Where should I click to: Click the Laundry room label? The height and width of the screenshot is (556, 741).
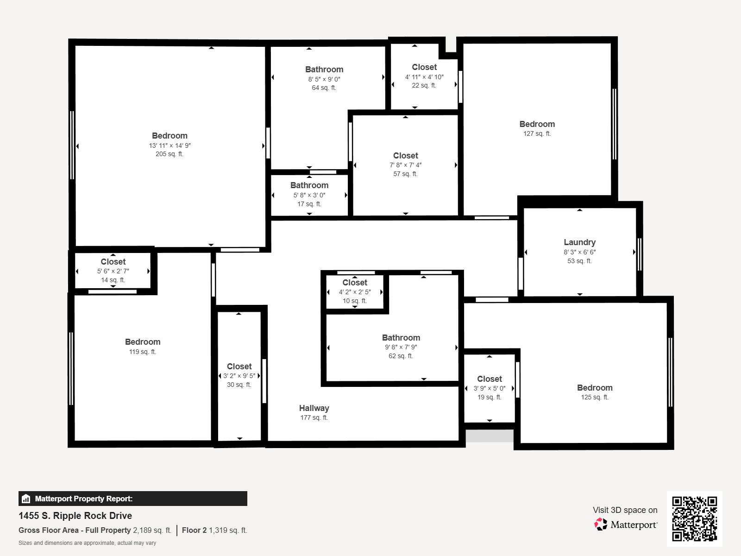tap(579, 242)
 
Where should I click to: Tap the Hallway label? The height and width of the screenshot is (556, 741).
tap(314, 408)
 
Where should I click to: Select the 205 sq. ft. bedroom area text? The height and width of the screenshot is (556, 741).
tap(170, 154)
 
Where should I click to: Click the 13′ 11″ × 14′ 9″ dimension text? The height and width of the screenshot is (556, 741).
tap(170, 145)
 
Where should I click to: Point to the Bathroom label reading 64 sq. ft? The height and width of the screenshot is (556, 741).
tap(324, 69)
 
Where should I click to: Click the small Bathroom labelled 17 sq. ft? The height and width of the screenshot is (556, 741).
tap(309, 185)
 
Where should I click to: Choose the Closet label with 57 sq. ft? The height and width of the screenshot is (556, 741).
tap(405, 156)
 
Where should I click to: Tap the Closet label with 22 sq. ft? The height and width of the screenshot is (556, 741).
tap(424, 67)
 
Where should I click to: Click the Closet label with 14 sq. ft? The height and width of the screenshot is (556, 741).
tap(113, 262)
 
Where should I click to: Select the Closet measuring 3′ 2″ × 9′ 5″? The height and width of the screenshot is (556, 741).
tap(239, 366)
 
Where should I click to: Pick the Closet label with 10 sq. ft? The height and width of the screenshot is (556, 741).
tap(355, 283)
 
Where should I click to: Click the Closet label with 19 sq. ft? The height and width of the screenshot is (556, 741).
tap(490, 379)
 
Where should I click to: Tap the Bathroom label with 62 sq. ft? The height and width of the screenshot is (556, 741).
tap(401, 338)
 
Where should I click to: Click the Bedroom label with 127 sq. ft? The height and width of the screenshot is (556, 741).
tap(537, 124)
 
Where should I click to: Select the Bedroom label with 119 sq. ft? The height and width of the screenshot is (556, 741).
tap(143, 342)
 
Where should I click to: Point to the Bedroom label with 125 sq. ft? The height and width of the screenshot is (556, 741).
tap(595, 388)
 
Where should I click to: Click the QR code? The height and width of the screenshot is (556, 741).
tap(694, 518)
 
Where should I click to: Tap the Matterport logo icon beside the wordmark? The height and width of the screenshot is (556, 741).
tap(601, 524)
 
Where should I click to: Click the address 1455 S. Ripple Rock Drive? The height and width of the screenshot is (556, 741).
tap(75, 516)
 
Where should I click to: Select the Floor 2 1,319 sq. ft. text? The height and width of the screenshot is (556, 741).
tap(214, 530)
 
